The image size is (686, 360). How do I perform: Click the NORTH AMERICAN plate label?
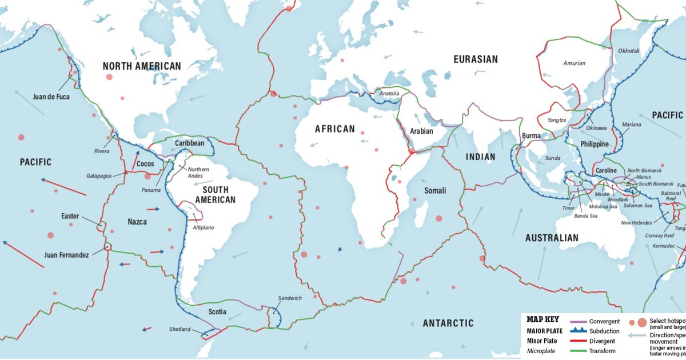pyautogui.click(x=142, y=66)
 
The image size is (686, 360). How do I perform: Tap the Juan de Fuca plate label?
pyautogui.click(x=51, y=97)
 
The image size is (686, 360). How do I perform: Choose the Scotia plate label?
pyautogui.click(x=217, y=312)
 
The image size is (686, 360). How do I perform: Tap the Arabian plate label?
pyautogui.click(x=421, y=131)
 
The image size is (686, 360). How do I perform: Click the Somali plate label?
pyautogui.click(x=435, y=190)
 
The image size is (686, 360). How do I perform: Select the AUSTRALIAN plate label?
pyautogui.click(x=552, y=238)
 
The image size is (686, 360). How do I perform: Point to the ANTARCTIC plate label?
pyautogui.click(x=448, y=323)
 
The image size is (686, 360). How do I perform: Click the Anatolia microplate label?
pyautogui.click(x=389, y=93)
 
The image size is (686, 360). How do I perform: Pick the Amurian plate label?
pyautogui.click(x=574, y=63)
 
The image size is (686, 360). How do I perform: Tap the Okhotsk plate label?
pyautogui.click(x=629, y=51)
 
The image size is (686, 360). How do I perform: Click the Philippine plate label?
pyautogui.click(x=595, y=144)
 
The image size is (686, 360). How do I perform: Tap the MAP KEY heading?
pyautogui.click(x=543, y=320)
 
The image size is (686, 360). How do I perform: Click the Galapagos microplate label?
pyautogui.click(x=101, y=176)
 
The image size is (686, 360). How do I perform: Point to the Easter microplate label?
pyautogui.click(x=70, y=217)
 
